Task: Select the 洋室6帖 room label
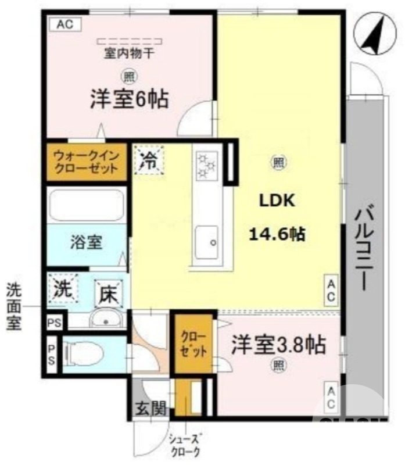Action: pos(129,99)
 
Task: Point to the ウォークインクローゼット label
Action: pos(86,162)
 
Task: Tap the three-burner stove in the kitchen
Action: pos(206,164)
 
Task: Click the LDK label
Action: pos(278,201)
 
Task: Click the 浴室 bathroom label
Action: pos(87,242)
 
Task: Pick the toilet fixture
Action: pos(84,353)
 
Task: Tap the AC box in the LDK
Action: pos(330,289)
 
